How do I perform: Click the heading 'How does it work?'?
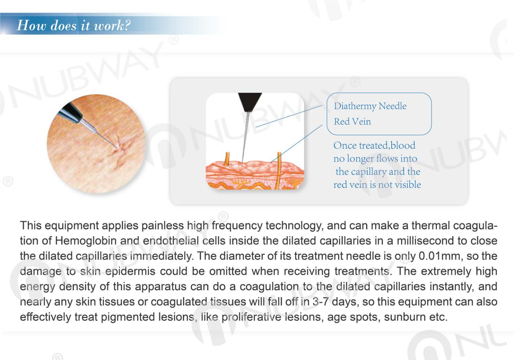click(x=74, y=25)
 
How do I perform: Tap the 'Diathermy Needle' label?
click(x=370, y=106)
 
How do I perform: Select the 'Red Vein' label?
click(x=352, y=121)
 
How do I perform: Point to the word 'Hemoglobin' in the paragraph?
click(x=86, y=241)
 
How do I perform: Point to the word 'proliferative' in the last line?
click(x=251, y=317)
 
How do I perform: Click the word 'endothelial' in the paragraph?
click(x=171, y=241)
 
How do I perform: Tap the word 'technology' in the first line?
click(x=294, y=226)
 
